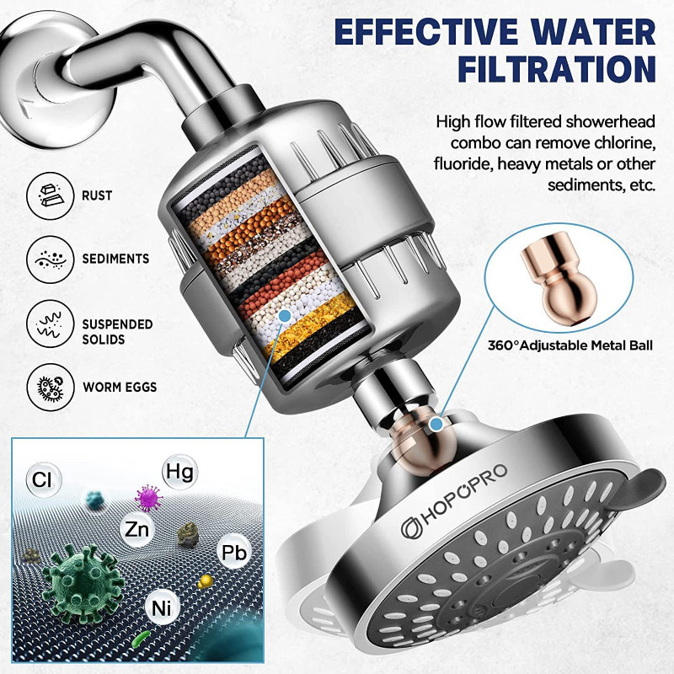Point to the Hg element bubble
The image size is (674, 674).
(x=176, y=470)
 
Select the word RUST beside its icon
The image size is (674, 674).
(x=96, y=195)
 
